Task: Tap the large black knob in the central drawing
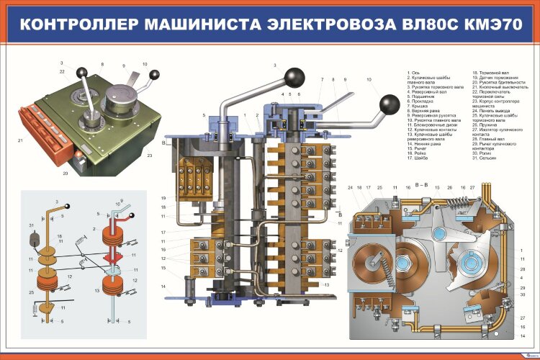coord(294,76)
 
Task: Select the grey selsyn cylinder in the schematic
coord(32,238)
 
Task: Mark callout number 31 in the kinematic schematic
coord(32,226)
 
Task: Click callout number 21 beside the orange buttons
coord(20,140)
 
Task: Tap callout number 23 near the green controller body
coord(149,155)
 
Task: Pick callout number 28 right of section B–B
coord(521,268)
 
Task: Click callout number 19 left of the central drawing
coord(163,198)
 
